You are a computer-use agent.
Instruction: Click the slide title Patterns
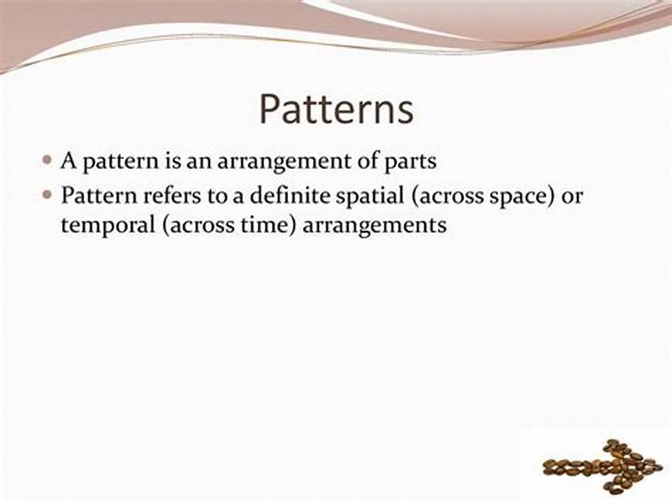(x=336, y=109)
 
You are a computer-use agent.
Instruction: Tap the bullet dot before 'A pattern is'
(x=48, y=160)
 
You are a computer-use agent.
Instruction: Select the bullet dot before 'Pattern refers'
(x=48, y=195)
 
